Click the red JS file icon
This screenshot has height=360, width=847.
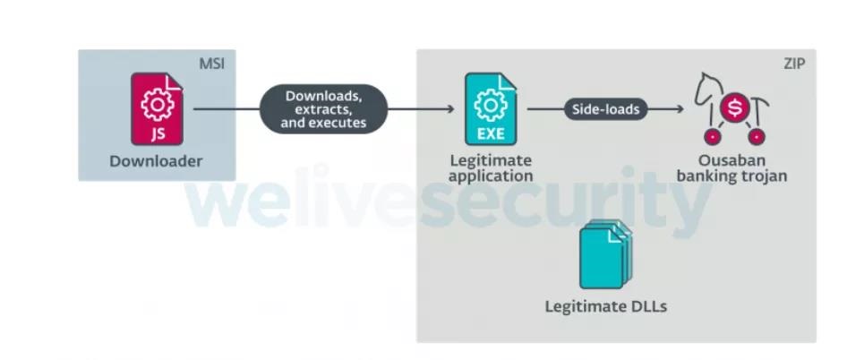[x=157, y=109]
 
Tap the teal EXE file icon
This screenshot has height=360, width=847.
[x=491, y=109]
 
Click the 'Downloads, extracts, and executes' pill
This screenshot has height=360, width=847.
[x=324, y=109]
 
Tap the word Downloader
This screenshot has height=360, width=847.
[x=156, y=162]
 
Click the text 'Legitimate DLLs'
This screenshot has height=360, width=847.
[x=606, y=307]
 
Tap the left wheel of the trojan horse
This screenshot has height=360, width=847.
[x=712, y=137]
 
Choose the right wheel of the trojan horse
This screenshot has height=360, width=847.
[x=757, y=137]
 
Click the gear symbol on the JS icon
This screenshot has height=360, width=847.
[x=157, y=104]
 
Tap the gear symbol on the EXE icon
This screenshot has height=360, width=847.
[x=491, y=104]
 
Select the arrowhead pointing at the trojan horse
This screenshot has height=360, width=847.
[x=680, y=109]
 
